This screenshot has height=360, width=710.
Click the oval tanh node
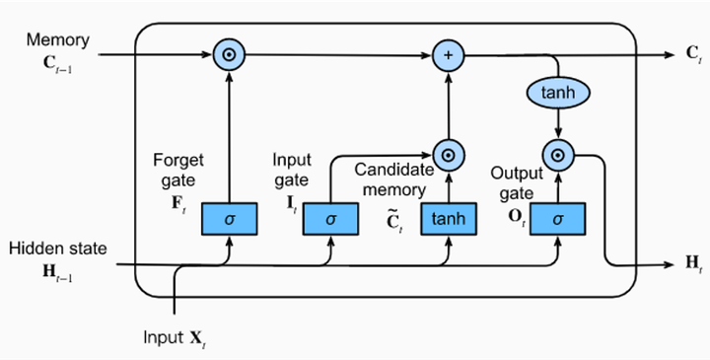(x=559, y=92)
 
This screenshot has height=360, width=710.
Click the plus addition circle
(x=448, y=55)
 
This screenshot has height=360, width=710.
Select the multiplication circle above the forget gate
(x=228, y=55)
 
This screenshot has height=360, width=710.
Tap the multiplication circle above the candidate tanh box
(x=448, y=154)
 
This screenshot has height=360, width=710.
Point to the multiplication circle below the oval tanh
(x=559, y=154)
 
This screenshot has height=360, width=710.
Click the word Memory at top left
(x=57, y=40)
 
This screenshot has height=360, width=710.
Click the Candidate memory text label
(x=392, y=180)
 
